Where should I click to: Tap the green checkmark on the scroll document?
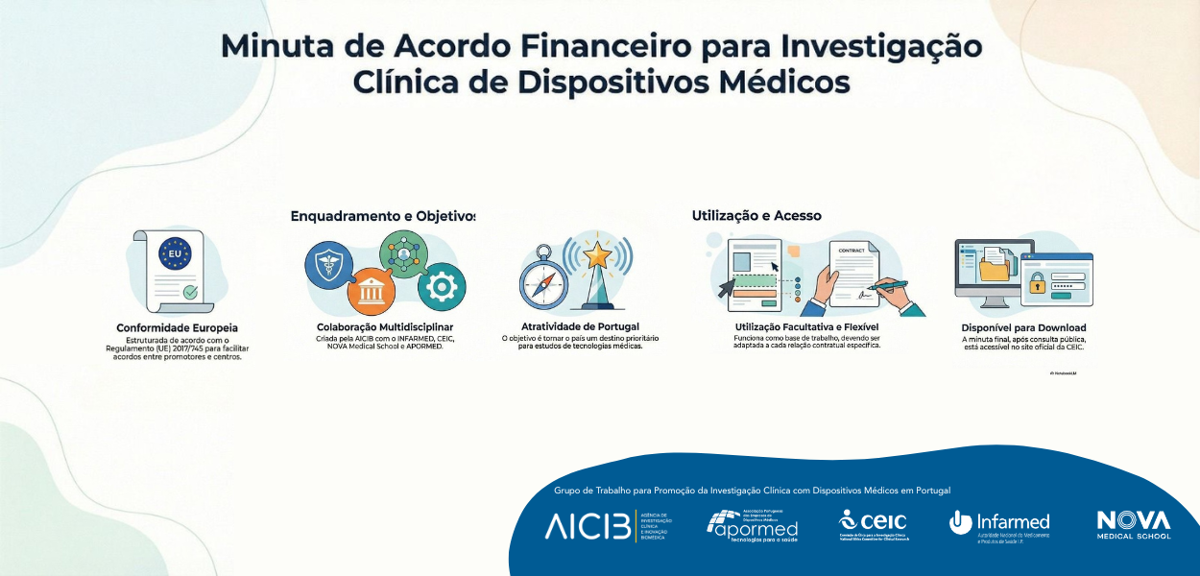(191, 291)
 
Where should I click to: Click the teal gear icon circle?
(442, 285)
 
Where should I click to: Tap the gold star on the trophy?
(597, 254)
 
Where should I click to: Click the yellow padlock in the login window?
(1037, 284)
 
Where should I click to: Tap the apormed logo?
(753, 525)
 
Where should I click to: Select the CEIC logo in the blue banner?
(873, 524)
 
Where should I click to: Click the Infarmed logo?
(999, 524)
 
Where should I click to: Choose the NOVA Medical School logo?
(1134, 524)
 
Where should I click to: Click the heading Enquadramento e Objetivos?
(383, 216)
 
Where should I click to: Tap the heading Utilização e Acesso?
(756, 216)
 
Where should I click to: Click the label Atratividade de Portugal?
(573, 326)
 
